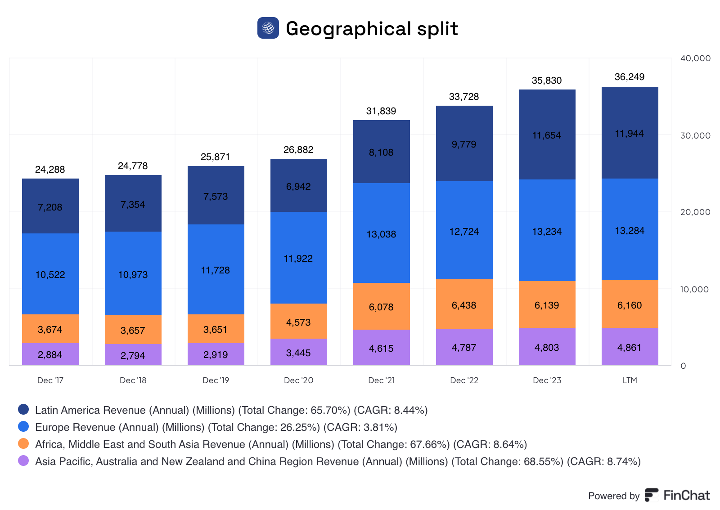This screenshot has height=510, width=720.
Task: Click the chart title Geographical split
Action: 372,29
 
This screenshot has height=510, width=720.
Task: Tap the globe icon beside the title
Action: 268,28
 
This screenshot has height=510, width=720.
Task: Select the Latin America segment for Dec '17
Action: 50,206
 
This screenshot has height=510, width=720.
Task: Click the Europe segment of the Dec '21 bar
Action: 382,233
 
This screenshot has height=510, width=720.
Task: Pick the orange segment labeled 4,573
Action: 299,322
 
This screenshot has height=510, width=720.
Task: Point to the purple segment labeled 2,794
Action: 133,355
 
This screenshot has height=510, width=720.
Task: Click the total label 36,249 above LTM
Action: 630,77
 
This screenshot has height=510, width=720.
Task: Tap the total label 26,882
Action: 298,150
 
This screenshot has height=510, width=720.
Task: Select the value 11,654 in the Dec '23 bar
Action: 547,135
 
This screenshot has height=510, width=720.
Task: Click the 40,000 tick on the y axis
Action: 695,58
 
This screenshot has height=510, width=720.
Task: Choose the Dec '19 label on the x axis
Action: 216,380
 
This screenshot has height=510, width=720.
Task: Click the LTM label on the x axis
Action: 630,380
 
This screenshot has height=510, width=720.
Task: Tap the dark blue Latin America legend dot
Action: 23,409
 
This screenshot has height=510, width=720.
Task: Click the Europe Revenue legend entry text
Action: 216,427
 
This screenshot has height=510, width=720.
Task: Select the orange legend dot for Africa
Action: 23,443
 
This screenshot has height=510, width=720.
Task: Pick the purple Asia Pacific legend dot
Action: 23,461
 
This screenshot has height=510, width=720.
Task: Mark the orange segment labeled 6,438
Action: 464,304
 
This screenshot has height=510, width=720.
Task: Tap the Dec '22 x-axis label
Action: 464,380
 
